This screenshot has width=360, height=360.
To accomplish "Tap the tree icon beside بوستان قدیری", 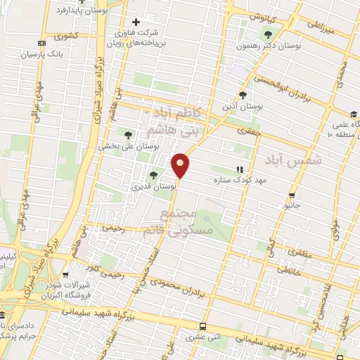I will [x=153, y=176].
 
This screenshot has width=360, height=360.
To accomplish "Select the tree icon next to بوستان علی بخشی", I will [x=128, y=134].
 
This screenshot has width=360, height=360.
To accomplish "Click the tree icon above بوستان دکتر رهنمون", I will [x=266, y=34].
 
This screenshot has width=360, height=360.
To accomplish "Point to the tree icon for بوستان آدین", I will [x=243, y=94].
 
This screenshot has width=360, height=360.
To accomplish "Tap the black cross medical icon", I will [x=136, y=22].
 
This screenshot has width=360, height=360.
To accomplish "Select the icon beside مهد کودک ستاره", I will [x=240, y=169].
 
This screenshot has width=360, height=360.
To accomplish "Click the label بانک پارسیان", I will [x=43, y=53].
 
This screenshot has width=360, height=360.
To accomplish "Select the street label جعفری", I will [x=248, y=130].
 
